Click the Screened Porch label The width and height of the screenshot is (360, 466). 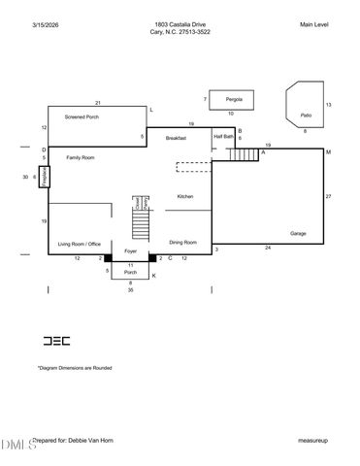click(x=82, y=116)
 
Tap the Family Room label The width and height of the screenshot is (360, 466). click(x=80, y=157)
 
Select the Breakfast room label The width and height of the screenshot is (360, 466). click(x=176, y=139)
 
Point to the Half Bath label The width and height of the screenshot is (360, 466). click(x=223, y=137)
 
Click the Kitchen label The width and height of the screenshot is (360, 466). click(x=184, y=197)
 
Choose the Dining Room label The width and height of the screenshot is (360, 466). click(x=183, y=242)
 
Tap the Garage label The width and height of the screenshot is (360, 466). click(x=298, y=233)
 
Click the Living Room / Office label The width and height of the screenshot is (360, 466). click(x=80, y=244)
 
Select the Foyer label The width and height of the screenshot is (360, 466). click(x=130, y=251)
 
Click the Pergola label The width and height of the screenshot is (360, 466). click(x=234, y=99)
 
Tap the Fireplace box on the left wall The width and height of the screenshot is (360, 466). click(x=44, y=177)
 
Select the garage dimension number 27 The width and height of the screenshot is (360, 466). click(x=328, y=197)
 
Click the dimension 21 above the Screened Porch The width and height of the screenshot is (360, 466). click(x=98, y=102)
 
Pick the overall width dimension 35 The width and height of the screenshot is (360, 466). click(x=130, y=290)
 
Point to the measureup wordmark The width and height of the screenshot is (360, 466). click(x=312, y=440)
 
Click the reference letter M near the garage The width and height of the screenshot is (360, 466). click(x=328, y=152)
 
